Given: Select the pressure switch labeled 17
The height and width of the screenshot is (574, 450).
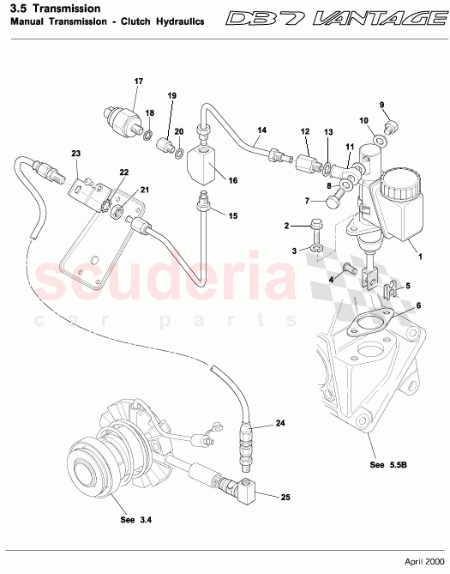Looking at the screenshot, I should (121, 118).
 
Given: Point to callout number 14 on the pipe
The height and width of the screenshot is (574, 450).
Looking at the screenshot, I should (262, 130).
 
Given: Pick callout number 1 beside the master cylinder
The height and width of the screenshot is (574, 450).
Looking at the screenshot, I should (421, 256).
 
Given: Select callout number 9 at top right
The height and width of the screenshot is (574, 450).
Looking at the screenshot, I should (382, 106).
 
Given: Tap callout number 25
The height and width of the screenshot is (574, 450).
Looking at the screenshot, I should (285, 497).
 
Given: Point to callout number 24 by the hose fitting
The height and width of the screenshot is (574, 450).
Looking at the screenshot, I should (280, 424).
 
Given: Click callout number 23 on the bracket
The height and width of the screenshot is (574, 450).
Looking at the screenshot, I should (75, 153).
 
